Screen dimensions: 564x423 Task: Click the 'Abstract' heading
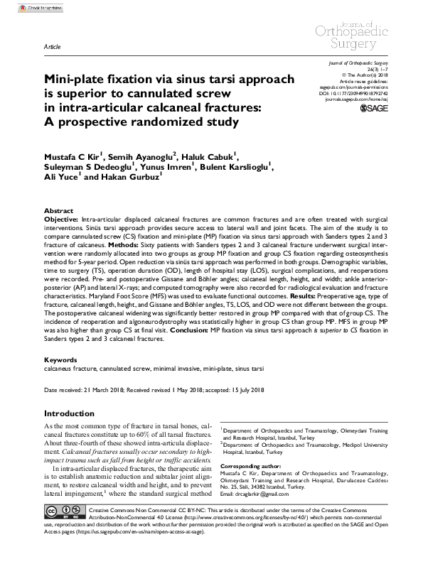coord(58,212)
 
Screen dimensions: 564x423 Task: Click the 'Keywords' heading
coord(61,360)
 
